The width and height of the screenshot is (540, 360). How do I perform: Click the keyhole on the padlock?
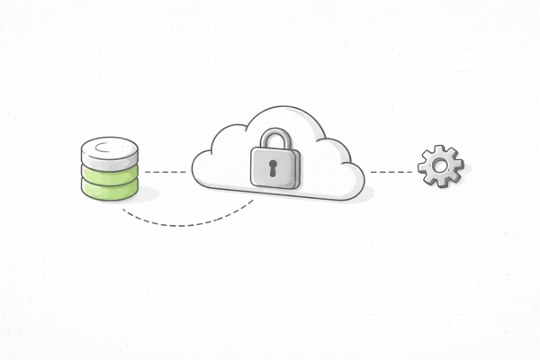(x=275, y=167)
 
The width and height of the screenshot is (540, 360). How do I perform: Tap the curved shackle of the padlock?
(x=275, y=137)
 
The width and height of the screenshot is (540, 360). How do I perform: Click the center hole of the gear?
(x=440, y=166)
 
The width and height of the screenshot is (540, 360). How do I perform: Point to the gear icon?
(x=440, y=166)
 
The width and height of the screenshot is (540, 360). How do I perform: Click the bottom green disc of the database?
(x=110, y=188)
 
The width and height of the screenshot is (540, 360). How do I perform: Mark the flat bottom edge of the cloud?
(x=279, y=196)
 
